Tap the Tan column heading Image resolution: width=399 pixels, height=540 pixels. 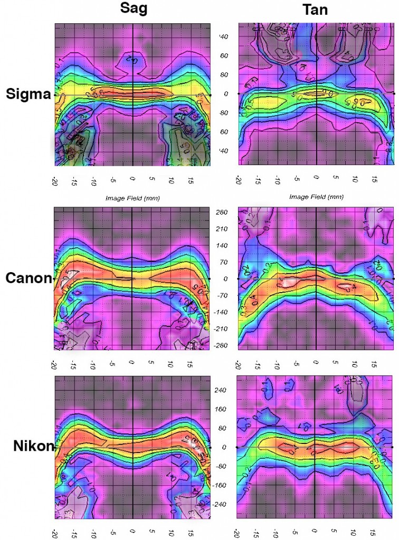[x=316, y=9]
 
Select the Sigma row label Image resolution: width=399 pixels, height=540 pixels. [x=28, y=94]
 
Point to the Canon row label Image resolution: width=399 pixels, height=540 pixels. [x=28, y=278]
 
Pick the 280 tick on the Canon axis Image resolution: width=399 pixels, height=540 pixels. [x=221, y=212]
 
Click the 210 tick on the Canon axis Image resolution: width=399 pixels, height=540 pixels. [x=221, y=229]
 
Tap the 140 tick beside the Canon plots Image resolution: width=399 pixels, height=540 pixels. [x=221, y=245]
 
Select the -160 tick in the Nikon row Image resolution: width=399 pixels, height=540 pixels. [x=222, y=485]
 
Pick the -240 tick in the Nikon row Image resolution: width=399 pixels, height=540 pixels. [x=222, y=504]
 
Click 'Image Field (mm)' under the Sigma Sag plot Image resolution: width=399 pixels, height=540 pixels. [x=134, y=198]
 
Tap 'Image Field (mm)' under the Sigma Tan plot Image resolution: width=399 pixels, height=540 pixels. [x=316, y=197]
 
